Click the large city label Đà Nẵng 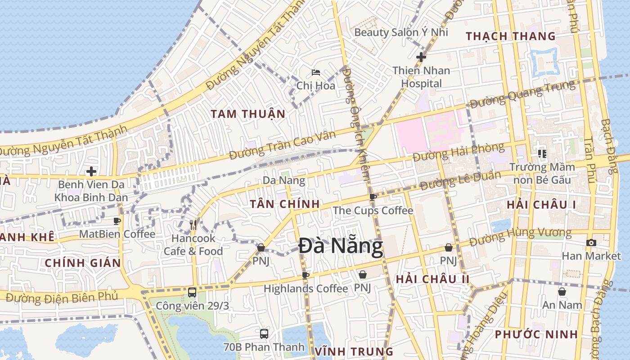pos(341,247)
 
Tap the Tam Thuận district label pos(248,114)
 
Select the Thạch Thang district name pos(510,36)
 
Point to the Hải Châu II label pos(432,279)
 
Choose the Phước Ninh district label pos(536,334)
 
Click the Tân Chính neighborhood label pos(285,204)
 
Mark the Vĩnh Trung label pos(354,351)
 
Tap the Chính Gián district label pos(83,263)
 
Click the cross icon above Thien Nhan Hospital pos(421,57)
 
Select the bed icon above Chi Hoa pos(316,72)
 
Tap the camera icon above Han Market pos(591,243)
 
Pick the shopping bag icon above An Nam pos(562,292)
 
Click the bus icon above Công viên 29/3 pos(192,292)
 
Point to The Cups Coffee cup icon pos(373,197)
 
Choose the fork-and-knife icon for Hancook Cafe pos(193,225)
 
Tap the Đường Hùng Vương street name pos(520,237)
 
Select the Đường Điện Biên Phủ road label pos(62,297)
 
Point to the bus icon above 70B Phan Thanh pos(264,334)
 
